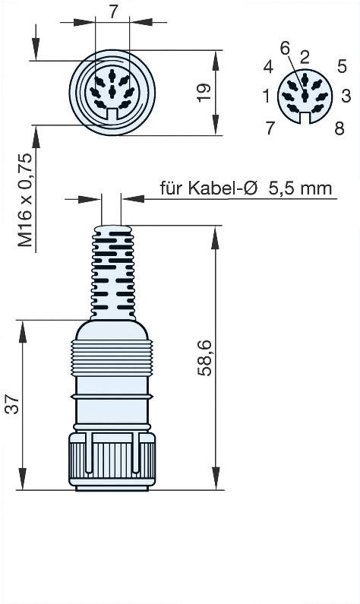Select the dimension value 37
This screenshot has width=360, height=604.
11,406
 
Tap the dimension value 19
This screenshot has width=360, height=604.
203,93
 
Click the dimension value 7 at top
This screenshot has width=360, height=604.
113,11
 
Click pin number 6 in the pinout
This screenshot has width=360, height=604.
285,48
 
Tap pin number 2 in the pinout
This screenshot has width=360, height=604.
304,55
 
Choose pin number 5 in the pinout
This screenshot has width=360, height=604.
343,66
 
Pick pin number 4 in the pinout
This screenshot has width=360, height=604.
268,67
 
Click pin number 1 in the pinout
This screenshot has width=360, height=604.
266,96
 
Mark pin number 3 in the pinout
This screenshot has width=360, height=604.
346,96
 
